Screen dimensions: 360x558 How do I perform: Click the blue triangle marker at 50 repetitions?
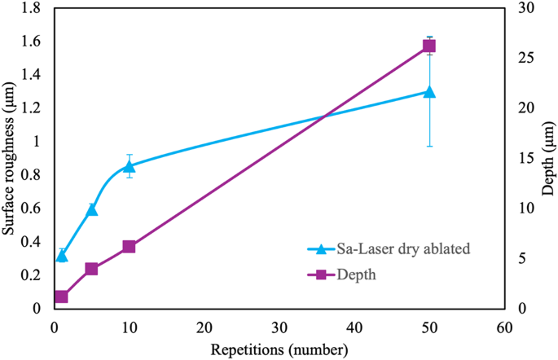(x=429, y=92)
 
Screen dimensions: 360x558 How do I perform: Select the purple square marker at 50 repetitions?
(x=429, y=46)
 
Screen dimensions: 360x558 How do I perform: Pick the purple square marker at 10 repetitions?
(x=129, y=246)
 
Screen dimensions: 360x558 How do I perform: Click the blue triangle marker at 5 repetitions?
(x=91, y=209)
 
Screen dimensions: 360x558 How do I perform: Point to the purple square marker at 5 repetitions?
(x=91, y=269)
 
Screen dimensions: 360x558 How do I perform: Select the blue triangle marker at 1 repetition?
(x=61, y=256)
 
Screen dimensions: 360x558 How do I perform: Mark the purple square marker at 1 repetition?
(x=61, y=296)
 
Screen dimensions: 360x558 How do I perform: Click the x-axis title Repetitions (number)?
(x=280, y=349)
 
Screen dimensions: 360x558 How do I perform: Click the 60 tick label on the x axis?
(x=504, y=327)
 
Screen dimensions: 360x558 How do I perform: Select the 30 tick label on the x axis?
(x=279, y=327)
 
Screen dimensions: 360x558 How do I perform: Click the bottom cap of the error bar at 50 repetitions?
(x=429, y=146)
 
